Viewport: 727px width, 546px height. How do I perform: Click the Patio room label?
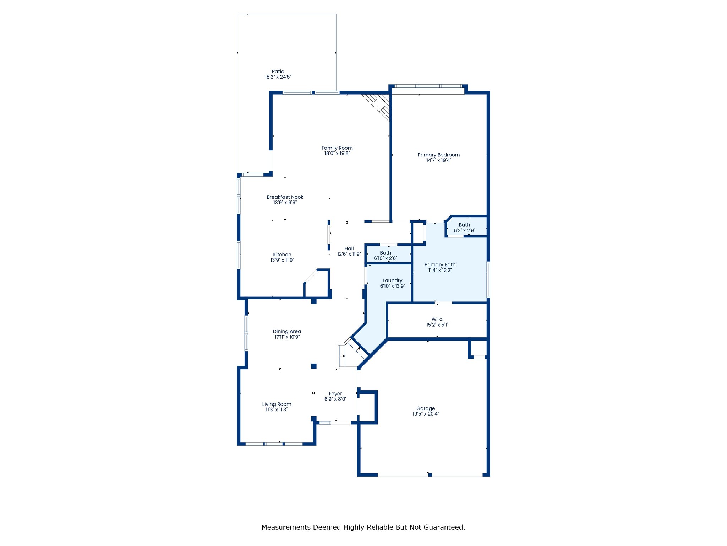pos(278,71)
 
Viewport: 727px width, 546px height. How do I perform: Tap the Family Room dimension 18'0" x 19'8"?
pos(337,154)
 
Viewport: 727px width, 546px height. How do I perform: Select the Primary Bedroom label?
pos(438,155)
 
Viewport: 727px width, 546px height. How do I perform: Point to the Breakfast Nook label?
pos(285,197)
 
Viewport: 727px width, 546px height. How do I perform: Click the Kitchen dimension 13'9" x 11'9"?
pos(282,260)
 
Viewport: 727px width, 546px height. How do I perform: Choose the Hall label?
pos(349,248)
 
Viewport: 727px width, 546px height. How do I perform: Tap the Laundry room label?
pos(392,280)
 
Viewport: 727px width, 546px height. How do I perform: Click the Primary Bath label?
pos(440,264)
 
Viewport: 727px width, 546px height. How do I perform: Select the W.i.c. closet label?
pos(437,319)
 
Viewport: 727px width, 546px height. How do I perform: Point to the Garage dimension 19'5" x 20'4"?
pos(426,414)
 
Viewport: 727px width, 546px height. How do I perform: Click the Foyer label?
pos(335,394)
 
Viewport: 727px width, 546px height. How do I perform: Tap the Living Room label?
pos(277,404)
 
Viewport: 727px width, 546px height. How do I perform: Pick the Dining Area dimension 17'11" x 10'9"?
pos(287,337)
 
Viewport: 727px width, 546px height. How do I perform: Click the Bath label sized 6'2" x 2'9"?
pos(464,225)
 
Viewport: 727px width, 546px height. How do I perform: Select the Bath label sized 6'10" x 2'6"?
pos(386,253)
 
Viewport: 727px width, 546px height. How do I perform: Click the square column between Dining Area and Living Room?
pos(314,366)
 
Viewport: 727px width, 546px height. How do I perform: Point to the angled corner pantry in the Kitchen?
pos(317,283)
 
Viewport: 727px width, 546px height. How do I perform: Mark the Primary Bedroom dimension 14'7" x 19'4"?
pos(439,160)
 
